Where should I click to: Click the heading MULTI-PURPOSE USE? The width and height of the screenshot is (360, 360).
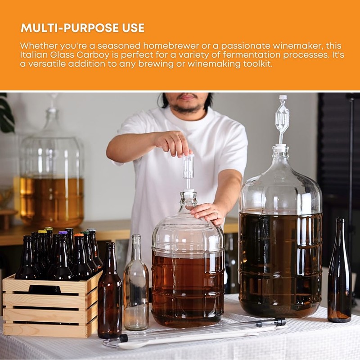click(x=82, y=28)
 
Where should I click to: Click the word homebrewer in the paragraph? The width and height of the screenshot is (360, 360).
click(x=171, y=46)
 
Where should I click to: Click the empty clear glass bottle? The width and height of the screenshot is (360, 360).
click(x=135, y=288)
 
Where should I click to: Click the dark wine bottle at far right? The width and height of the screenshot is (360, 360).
click(x=339, y=279)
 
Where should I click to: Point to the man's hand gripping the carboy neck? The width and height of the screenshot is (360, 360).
click(x=209, y=211)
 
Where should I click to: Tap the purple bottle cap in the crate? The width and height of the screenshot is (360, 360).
click(x=63, y=233)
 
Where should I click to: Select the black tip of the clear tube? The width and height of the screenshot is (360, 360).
click(x=279, y=322)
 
